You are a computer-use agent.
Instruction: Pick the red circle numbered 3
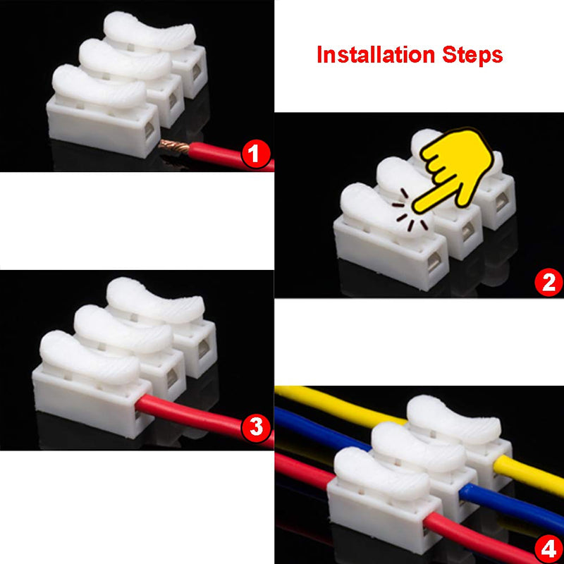point(256,427)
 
